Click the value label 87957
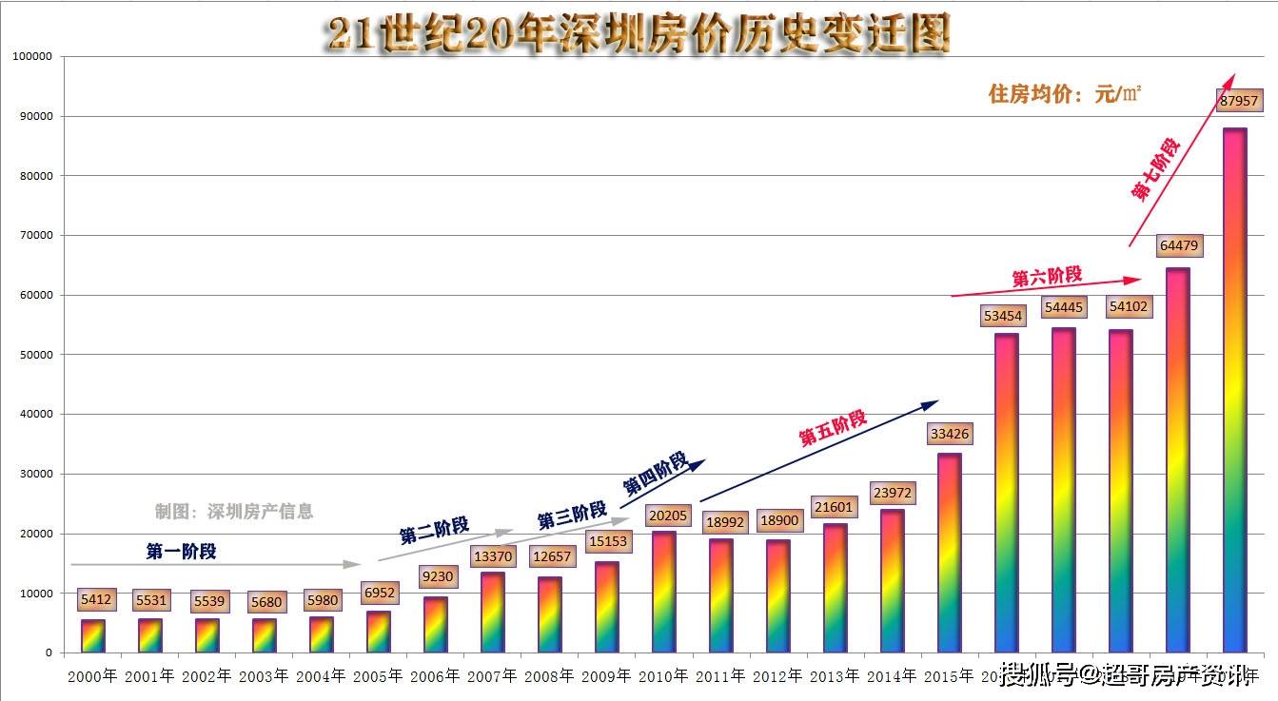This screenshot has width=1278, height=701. (1238, 100)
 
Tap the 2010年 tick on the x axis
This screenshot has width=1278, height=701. (663, 676)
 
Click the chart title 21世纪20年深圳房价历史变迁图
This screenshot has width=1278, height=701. (637, 34)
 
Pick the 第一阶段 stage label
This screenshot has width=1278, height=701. (181, 551)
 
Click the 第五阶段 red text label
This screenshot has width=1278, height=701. (833, 428)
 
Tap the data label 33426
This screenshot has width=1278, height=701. (949, 434)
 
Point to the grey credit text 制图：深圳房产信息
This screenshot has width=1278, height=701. (233, 512)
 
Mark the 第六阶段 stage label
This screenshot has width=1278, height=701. (1047, 277)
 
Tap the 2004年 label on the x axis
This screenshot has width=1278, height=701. (321, 676)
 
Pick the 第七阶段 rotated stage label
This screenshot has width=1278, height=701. (1155, 169)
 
